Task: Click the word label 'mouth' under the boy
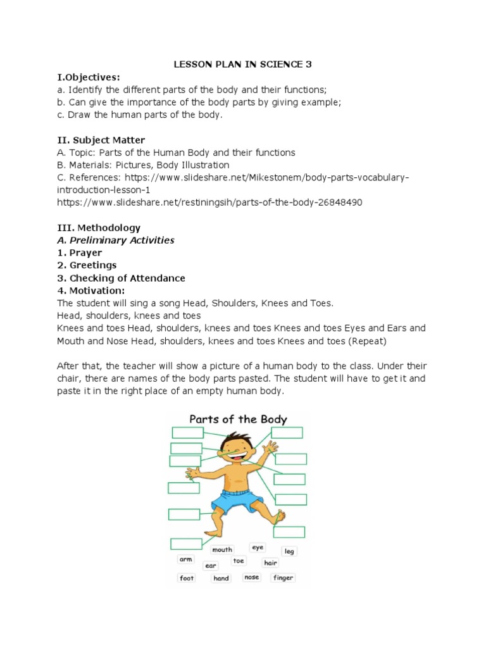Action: pyautogui.click(x=222, y=550)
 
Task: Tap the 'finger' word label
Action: pyautogui.click(x=283, y=578)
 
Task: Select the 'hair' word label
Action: pyautogui.click(x=271, y=563)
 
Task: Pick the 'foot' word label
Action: pyautogui.click(x=187, y=578)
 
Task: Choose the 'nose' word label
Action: pyautogui.click(x=252, y=578)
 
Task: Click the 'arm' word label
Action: pyautogui.click(x=185, y=559)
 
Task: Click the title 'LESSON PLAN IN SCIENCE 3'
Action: pyautogui.click(x=243, y=64)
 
